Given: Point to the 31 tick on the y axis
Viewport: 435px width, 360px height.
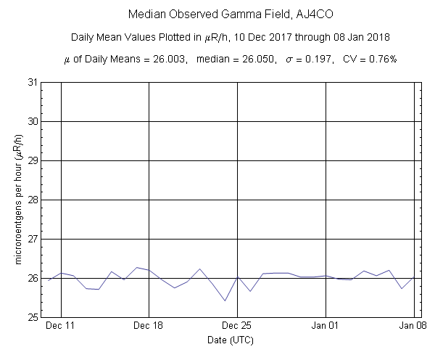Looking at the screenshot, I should (33, 82).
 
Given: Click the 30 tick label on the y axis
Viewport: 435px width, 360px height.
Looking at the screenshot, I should (33, 121).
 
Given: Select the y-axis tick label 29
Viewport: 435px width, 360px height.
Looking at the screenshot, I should (33, 160).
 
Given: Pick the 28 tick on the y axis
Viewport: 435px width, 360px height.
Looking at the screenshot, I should (33, 200).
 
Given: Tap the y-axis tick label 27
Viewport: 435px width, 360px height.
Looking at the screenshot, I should (33, 239).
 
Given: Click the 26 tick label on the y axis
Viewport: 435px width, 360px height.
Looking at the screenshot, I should (33, 278).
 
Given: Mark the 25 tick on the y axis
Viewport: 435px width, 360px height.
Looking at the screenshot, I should (33, 317).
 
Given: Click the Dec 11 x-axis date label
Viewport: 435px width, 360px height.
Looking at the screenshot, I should (61, 327).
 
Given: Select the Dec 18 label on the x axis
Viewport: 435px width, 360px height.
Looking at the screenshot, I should (149, 327).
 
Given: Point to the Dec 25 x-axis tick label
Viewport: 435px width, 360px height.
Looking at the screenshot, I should (237, 327).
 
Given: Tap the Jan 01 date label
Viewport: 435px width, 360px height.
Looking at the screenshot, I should (326, 327).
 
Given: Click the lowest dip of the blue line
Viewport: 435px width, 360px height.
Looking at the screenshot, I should (225, 300).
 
